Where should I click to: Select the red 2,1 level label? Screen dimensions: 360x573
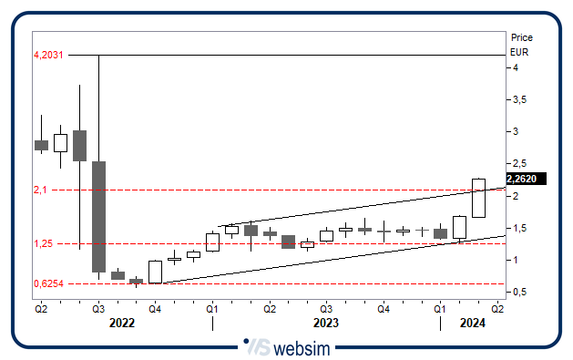click(39, 190)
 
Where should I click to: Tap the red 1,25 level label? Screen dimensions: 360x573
click(42, 244)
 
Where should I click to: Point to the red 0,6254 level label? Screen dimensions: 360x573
click(46, 283)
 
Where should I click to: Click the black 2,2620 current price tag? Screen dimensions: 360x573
click(526, 180)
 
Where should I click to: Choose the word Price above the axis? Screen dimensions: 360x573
click(522, 38)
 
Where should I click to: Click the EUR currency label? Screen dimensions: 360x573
click(520, 52)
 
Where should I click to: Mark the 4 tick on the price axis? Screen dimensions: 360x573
click(516, 68)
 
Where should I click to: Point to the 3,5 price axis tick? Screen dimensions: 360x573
click(519, 100)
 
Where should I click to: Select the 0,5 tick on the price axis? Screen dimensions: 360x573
click(519, 293)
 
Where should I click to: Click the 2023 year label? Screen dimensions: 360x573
click(325, 324)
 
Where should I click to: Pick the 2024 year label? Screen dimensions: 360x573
click(472, 324)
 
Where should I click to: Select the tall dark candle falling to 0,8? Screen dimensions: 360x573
click(98, 216)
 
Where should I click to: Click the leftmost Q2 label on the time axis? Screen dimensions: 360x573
click(41, 310)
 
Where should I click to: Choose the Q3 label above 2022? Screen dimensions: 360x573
click(98, 310)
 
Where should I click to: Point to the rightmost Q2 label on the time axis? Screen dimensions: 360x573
click(497, 310)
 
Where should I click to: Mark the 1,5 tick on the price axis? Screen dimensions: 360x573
click(519, 228)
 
